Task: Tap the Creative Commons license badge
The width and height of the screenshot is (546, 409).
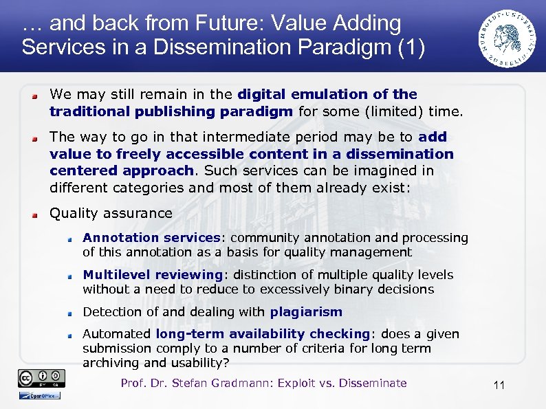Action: click(42, 378)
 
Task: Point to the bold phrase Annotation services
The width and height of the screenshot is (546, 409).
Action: click(150, 238)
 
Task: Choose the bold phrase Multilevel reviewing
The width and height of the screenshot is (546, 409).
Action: click(152, 275)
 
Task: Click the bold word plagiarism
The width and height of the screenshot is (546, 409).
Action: click(306, 312)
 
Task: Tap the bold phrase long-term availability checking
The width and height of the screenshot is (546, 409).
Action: click(263, 334)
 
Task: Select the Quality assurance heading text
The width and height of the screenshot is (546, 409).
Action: click(111, 213)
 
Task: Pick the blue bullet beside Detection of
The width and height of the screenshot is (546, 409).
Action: click(70, 313)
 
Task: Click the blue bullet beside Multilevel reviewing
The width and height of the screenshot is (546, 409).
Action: click(70, 276)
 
